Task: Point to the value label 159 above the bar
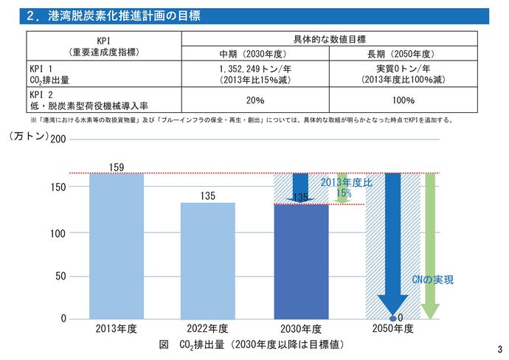click(x=117, y=167)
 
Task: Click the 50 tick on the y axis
click(x=60, y=276)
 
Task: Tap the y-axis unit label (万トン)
click(x=28, y=136)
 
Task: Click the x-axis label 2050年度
click(x=392, y=328)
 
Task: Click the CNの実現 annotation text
click(x=432, y=280)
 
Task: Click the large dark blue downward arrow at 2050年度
click(x=392, y=243)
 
